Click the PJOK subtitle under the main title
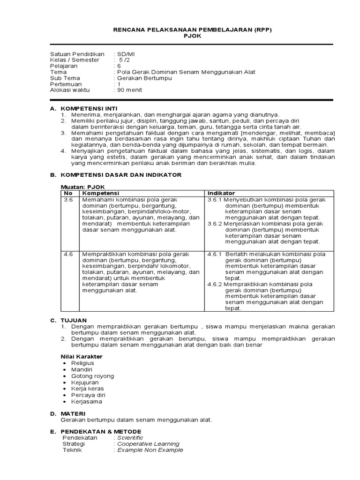pyautogui.click(x=192, y=36)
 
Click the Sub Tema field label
pyautogui.click(x=65, y=78)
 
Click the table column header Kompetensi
pyautogui.click(x=101, y=193)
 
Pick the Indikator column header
pyautogui.click(x=221, y=193)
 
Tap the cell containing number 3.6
pyautogui.click(x=68, y=199)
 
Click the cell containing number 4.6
pyautogui.click(x=68, y=254)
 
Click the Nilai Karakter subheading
pyautogui.click(x=82, y=356)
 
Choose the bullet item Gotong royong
pyautogui.click(x=92, y=376)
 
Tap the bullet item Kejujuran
pyautogui.click(x=85, y=382)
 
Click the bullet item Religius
pyautogui.click(x=82, y=363)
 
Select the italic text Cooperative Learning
pyautogui.click(x=148, y=443)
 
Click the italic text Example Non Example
pyautogui.click(x=150, y=450)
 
